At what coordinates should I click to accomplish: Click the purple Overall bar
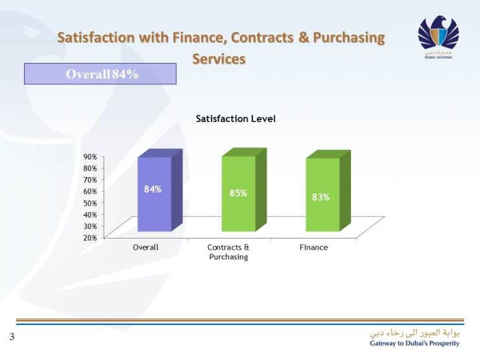(154, 195)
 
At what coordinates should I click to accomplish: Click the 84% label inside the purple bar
(153, 189)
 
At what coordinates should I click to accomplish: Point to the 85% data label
(238, 193)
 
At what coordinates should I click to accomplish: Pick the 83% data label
(321, 197)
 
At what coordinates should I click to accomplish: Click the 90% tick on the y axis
(90, 157)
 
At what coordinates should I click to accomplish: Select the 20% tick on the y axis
(90, 237)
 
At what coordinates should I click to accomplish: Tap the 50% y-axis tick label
(90, 203)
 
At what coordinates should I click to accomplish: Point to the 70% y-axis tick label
(90, 180)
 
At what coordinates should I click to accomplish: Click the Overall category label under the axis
(145, 248)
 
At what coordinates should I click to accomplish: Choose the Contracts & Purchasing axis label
(228, 252)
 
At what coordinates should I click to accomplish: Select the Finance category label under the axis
(314, 248)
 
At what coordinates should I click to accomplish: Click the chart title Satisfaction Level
(236, 119)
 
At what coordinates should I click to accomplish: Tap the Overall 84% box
(101, 74)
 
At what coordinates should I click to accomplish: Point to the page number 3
(12, 337)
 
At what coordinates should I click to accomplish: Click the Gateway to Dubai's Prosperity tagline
(414, 343)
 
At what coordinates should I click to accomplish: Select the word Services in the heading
(219, 58)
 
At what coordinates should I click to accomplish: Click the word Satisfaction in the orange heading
(95, 38)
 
